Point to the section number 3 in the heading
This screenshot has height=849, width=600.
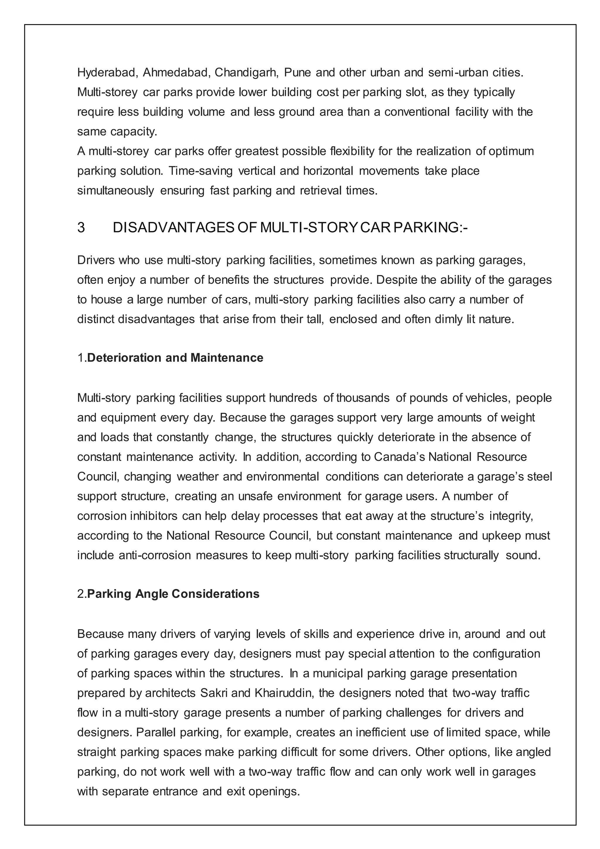pos(81,228)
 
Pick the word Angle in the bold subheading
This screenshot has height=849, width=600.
pos(151,594)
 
